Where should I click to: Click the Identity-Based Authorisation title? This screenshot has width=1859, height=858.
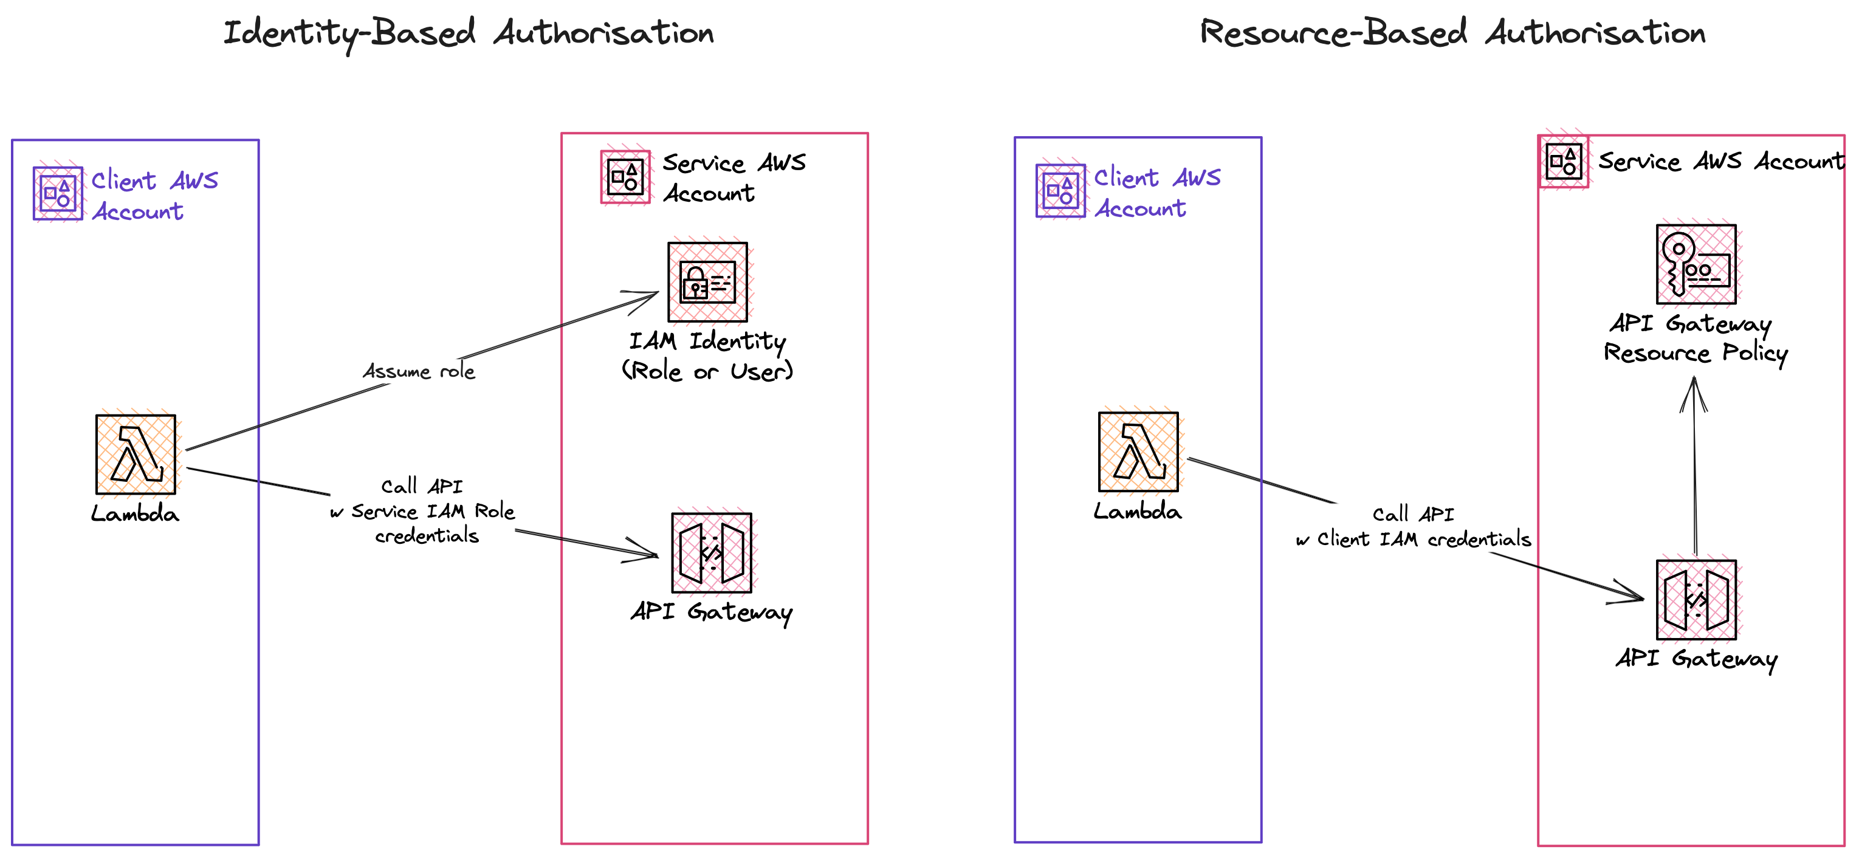pos(469,33)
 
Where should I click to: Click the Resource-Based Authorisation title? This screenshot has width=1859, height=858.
pos(1452,33)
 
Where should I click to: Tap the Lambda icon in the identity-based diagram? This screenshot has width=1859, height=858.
pos(136,454)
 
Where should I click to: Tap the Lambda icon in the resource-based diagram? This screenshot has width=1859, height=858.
pos(1138,451)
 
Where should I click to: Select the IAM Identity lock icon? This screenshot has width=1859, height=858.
pos(707,281)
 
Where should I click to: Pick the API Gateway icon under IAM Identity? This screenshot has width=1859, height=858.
pos(711,553)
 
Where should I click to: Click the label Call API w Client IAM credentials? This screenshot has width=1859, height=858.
pos(1413,527)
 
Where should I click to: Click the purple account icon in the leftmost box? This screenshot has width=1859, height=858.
pos(58,193)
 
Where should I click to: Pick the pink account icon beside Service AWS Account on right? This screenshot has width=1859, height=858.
pos(1563,161)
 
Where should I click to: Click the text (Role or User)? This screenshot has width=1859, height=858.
pos(707,371)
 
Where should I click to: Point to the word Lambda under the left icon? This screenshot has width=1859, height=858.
pos(135,514)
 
